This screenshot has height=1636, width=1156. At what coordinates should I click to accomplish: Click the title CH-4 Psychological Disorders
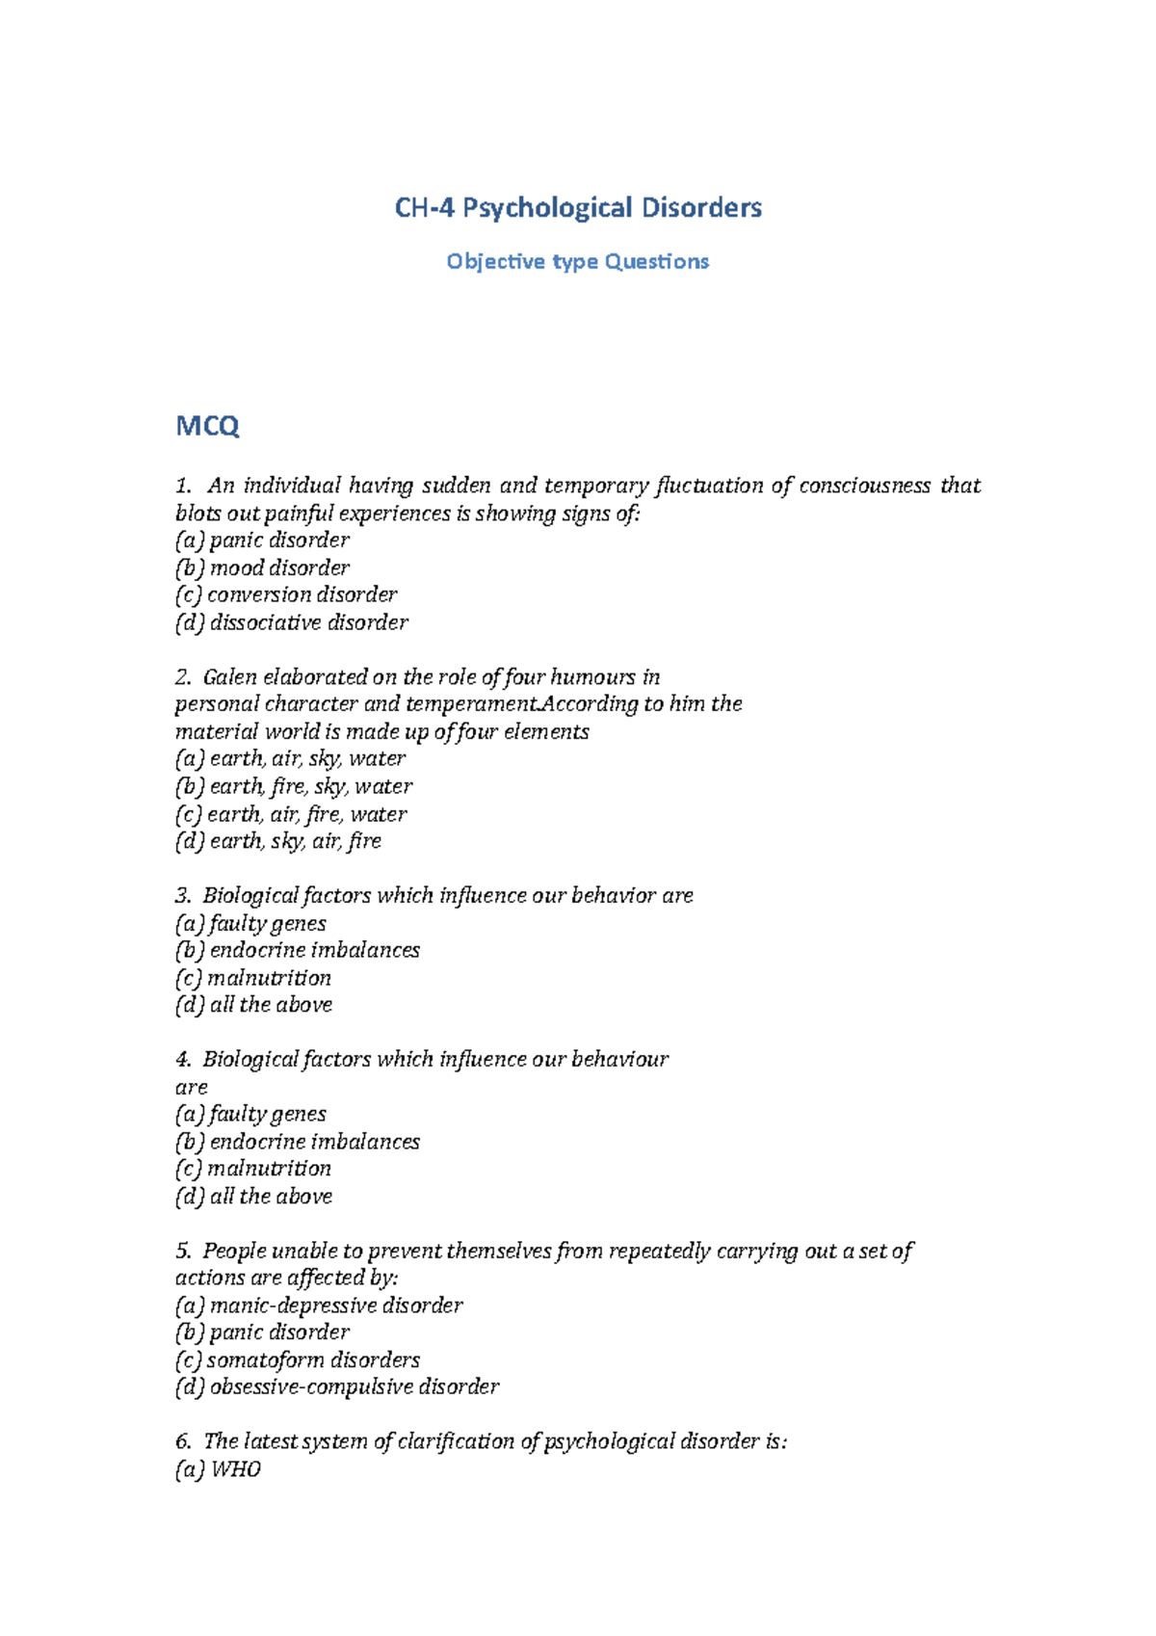578,208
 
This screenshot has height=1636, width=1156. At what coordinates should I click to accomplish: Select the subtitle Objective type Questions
578,262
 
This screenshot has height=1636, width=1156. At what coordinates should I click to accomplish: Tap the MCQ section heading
207,426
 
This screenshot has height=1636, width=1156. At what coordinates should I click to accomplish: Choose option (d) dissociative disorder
292,623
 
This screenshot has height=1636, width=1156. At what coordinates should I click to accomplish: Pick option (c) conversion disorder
286,595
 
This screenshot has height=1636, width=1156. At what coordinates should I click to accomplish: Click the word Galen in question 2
229,677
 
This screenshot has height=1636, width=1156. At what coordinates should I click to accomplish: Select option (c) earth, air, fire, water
291,815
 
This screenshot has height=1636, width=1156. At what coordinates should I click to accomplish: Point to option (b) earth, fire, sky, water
294,787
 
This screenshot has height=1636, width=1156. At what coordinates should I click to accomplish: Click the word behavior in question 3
614,896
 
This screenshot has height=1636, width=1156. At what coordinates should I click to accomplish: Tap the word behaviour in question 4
619,1060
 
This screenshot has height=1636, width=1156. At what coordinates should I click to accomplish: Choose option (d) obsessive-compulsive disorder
337,1387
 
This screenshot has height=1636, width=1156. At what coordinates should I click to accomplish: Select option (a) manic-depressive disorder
319,1306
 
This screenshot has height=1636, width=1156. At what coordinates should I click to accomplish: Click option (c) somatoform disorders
298,1360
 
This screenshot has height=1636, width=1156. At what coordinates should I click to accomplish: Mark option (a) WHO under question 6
219,1470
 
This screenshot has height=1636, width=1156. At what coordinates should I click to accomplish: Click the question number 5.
183,1252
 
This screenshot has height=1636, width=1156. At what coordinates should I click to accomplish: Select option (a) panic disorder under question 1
262,541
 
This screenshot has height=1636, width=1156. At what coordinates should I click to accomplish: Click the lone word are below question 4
191,1088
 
